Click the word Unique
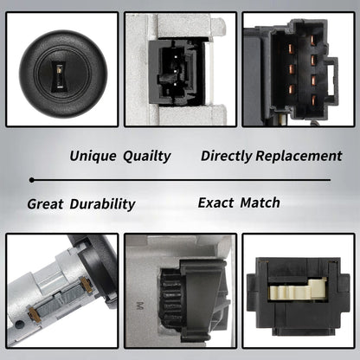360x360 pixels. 93,156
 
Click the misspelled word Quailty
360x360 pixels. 147,157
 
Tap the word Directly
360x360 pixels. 227,157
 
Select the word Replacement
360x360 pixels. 299,156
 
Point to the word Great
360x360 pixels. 45,204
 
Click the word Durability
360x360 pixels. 102,204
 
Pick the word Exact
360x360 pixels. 215,202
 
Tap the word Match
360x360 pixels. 260,202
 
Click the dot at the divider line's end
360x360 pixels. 32,180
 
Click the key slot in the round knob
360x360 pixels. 61,77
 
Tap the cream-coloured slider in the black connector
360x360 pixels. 298,288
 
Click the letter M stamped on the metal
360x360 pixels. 140,305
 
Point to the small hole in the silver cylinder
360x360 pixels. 18,324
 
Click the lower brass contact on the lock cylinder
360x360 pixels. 35,314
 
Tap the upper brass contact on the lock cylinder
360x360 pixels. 87,284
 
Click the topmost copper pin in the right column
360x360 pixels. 312,40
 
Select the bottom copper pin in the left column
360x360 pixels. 291,89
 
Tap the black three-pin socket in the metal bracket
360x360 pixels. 177,73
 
